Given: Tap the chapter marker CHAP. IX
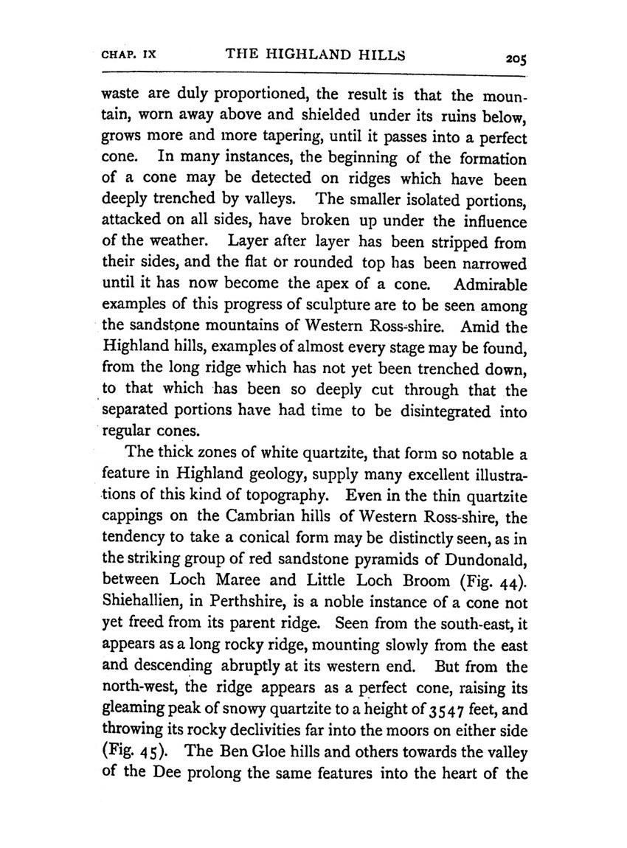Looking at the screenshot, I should click(131, 55).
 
